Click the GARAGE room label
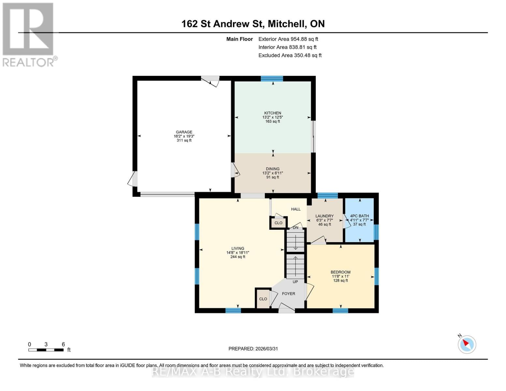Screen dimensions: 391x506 click(184, 132)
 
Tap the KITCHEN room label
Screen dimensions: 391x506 click(273, 113)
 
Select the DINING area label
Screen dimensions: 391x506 click(273, 169)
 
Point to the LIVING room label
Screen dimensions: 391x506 click(238, 249)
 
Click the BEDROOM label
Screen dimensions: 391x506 click(340, 272)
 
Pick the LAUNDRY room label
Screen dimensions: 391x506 click(325, 216)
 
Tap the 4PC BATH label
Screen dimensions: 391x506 click(359, 216)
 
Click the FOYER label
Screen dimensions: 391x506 click(288, 294)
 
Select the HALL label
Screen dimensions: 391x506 click(296, 209)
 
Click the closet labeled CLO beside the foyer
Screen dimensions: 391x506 click(263, 299)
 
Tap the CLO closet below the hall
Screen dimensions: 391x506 click(278, 223)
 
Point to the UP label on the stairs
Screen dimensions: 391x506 click(295, 282)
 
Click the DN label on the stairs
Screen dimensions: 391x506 click(296, 228)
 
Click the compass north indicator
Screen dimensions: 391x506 click(467, 344)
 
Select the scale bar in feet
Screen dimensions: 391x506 click(46, 350)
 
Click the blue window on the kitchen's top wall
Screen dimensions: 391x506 click(272, 79)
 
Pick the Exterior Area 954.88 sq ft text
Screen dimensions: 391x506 click(288, 39)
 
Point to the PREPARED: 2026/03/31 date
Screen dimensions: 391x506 click(253, 349)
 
